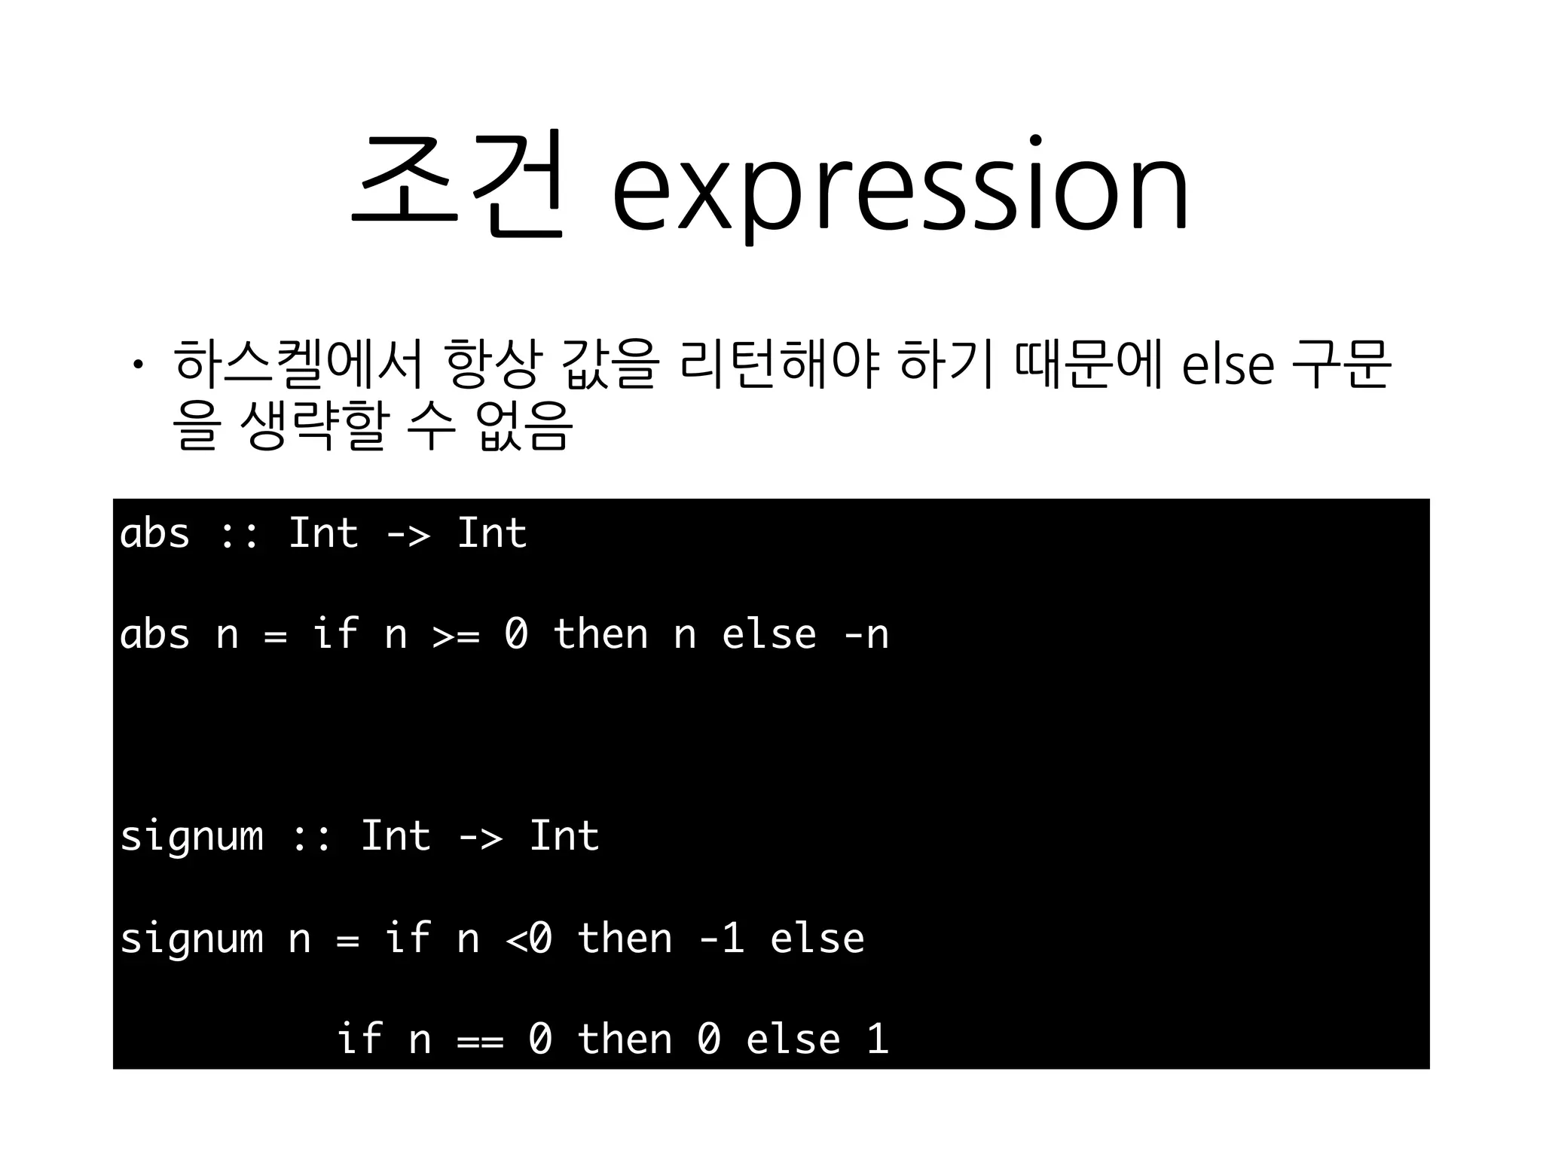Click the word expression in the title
pos(900,188)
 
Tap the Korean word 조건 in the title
pos(457,185)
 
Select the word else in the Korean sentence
pos(1227,365)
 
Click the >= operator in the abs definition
pos(456,635)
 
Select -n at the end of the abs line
pos(866,634)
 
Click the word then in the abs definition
pos(600,634)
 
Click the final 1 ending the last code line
pos(878,1039)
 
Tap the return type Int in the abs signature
pos(492,534)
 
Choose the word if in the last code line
pos(359,1039)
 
